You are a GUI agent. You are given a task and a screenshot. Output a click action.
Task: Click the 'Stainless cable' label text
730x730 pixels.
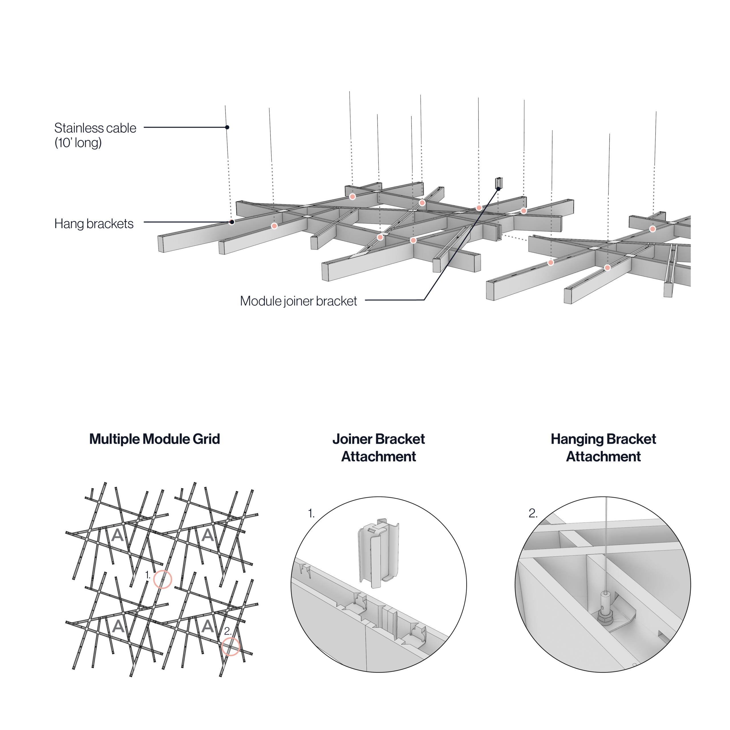[95, 128]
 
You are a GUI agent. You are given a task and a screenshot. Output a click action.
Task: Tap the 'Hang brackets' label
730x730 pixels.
[94, 224]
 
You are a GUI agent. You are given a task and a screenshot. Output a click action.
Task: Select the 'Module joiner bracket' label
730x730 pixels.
[298, 301]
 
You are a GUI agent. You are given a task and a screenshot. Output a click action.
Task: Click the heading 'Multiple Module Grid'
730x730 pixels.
[154, 439]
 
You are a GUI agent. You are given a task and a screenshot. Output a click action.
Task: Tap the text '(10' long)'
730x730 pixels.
[78, 143]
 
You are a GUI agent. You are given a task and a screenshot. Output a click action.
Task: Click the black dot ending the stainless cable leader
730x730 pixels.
[227, 127]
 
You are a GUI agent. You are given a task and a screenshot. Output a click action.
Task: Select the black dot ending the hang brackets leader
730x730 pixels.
[232, 222]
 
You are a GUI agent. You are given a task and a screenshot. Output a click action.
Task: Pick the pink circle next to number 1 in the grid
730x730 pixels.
[163, 579]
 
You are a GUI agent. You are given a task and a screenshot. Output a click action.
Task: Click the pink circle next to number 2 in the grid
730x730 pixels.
[230, 646]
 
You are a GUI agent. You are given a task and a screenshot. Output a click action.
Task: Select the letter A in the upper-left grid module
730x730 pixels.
[117, 535]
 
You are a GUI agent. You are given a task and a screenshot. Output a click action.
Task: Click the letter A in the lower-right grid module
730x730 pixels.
[207, 626]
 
